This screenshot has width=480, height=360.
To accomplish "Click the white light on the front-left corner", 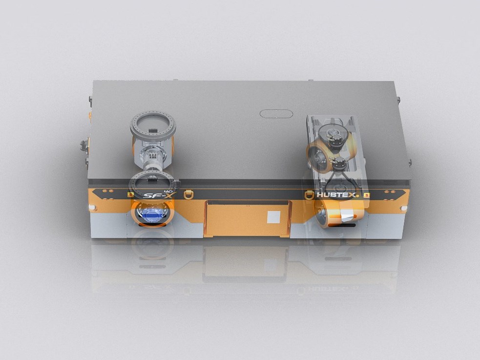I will tap(91, 208).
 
